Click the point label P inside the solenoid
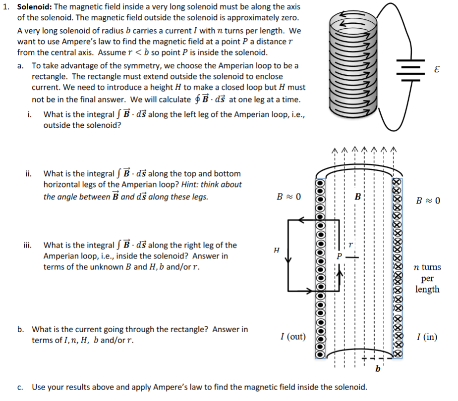(340, 257)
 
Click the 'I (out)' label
(292, 337)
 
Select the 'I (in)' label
(427, 337)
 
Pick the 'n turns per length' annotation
(427, 278)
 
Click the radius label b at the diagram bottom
(378, 369)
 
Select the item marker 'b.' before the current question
(20, 329)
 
